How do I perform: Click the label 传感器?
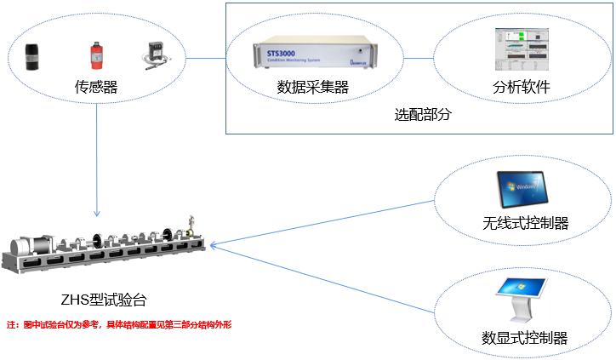click(95, 87)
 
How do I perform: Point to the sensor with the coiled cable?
click(153, 55)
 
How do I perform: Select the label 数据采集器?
click(313, 88)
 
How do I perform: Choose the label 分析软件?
click(522, 88)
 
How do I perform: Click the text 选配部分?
click(423, 114)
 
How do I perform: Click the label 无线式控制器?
click(525, 224)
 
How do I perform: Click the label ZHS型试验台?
click(106, 300)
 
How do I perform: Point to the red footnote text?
click(119, 325)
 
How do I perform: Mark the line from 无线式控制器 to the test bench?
click(323, 224)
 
